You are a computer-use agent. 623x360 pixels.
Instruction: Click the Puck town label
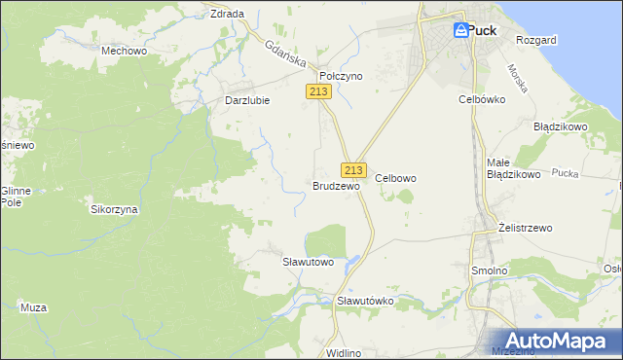[482, 30]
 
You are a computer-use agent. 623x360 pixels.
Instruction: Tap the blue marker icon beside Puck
[459, 31]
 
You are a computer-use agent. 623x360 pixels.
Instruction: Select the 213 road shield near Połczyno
[318, 91]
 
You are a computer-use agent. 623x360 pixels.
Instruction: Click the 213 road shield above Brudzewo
[353, 169]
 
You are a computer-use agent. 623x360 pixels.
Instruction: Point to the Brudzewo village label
[337, 185]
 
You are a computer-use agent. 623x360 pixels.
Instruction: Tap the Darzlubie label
[246, 100]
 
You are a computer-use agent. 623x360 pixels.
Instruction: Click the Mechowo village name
[124, 49]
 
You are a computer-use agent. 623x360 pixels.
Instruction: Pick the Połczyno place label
[341, 75]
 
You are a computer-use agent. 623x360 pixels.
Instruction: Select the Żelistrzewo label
[525, 228]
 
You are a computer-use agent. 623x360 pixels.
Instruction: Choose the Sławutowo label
[308, 262]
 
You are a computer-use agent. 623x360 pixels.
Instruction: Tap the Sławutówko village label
[365, 301]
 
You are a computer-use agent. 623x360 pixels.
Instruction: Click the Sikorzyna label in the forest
[115, 209]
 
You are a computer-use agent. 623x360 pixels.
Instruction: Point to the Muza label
[34, 307]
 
